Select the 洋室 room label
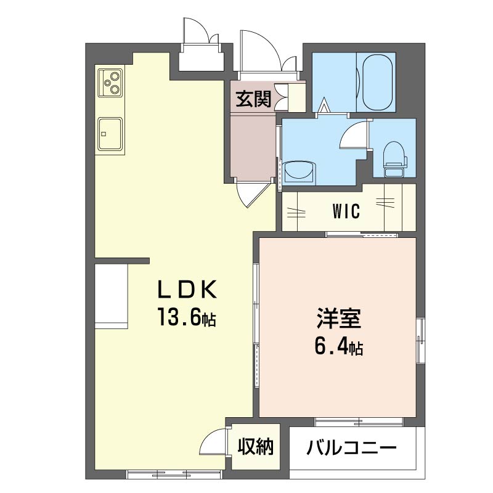coord(338,319)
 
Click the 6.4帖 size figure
coord(338,347)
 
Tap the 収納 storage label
coord(256,447)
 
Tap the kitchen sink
coord(110,132)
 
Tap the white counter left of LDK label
coord(110,296)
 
